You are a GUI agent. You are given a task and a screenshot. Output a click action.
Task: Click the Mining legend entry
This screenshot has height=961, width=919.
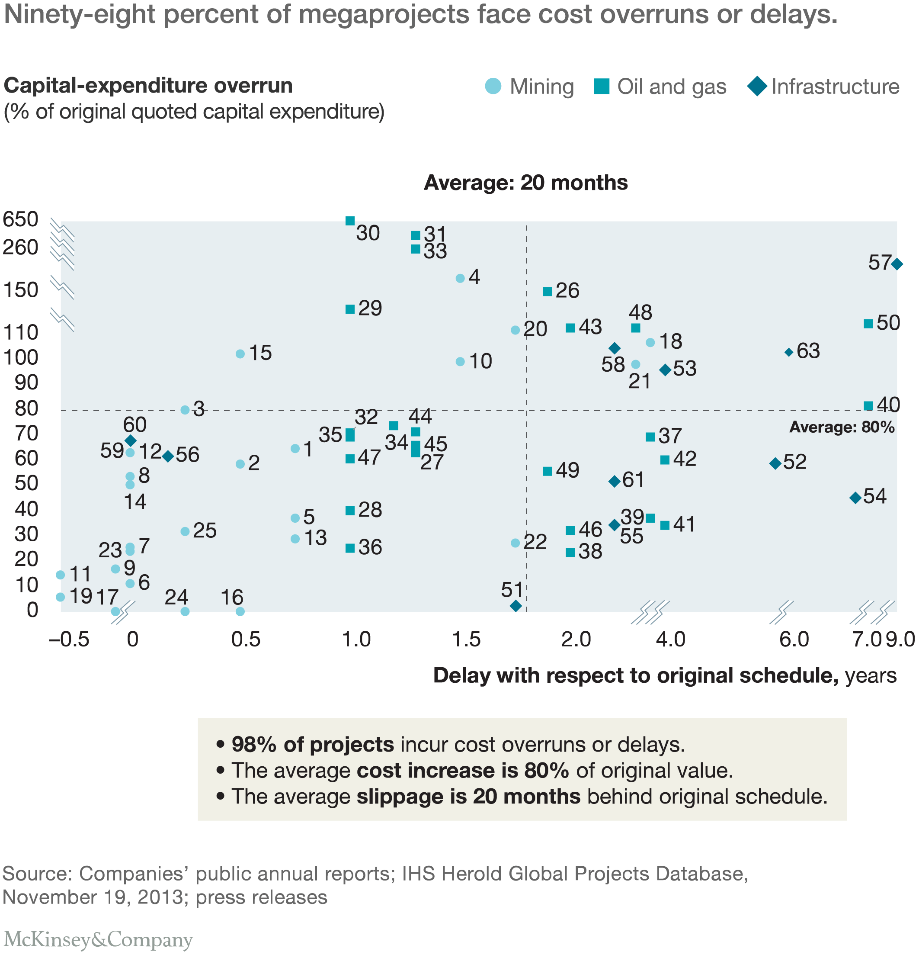[x=529, y=86]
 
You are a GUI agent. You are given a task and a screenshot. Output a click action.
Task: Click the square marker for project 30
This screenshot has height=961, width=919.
[x=350, y=221]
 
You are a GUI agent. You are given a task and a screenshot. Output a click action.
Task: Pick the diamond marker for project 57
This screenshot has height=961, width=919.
[x=897, y=264]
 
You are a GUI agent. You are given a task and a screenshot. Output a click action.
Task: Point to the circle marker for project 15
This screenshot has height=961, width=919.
[x=240, y=354]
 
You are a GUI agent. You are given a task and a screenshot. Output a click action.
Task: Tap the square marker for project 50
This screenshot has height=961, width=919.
[x=868, y=324]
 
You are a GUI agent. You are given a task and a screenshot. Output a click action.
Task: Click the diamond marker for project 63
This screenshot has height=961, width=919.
[x=789, y=352]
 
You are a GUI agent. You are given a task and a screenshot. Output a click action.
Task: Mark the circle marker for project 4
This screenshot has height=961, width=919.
[x=460, y=278]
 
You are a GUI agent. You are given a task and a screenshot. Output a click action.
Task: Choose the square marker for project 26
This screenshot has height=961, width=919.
[x=548, y=292]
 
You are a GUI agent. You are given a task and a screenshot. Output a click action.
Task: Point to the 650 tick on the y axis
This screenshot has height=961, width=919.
[x=21, y=219]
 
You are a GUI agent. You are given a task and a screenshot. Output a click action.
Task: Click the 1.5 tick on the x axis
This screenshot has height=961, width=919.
[x=466, y=640]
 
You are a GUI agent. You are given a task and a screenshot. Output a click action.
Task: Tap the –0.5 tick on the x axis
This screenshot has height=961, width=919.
[x=69, y=640]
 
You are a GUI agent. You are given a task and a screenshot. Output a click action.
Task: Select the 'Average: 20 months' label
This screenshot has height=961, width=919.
[x=525, y=183]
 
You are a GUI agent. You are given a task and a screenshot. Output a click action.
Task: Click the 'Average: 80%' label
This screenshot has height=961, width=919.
[x=842, y=427]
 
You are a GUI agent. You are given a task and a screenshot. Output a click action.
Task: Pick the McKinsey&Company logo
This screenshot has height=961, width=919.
[x=98, y=939]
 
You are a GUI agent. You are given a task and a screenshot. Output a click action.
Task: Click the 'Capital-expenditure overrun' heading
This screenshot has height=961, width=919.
[x=148, y=86]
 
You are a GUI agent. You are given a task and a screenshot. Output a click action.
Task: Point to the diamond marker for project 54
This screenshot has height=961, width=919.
[x=855, y=498]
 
